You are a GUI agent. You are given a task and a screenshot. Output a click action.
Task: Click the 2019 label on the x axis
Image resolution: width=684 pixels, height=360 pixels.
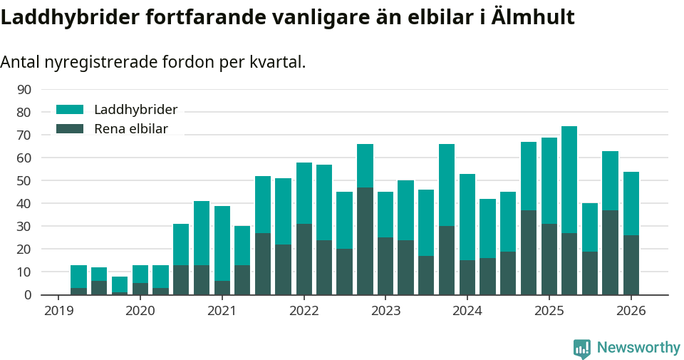pos(58,311)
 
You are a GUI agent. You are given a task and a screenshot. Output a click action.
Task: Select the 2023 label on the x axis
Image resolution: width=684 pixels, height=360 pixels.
pos(385,311)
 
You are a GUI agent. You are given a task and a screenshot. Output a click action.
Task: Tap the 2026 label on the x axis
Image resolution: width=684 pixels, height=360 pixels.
pos(631,311)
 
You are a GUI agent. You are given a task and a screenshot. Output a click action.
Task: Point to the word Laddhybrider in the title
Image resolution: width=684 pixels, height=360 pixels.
pos(71,17)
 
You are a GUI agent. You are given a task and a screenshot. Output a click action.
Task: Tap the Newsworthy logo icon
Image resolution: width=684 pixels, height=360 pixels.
pos(582,348)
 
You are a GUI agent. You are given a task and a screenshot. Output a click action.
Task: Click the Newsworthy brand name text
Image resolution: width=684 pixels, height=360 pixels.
pos(638,348)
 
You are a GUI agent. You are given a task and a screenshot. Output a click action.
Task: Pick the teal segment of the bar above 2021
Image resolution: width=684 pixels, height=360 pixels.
pos(222,243)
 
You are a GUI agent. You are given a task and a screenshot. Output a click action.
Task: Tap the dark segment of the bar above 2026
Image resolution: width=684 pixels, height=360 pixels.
pos(631,264)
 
